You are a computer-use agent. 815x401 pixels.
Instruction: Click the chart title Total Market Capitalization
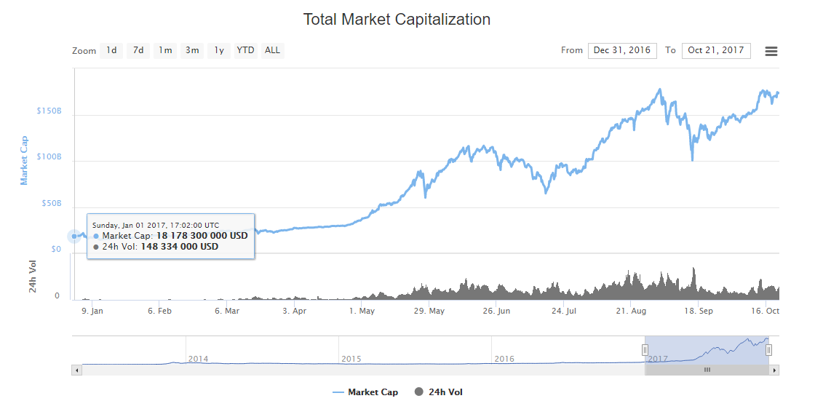tap(397, 20)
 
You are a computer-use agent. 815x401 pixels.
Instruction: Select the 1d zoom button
tap(111, 50)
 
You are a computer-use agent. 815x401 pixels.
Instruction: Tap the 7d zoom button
tap(138, 50)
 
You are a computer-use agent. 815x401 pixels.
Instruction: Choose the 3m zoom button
tap(192, 50)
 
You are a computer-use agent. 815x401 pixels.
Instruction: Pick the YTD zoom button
tap(245, 50)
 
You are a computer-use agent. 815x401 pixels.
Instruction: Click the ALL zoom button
tap(272, 50)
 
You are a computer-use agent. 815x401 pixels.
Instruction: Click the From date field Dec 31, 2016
tap(622, 50)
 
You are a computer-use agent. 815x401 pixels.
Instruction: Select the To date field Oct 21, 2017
tap(716, 50)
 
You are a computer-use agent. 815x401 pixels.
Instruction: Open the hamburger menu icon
tap(771, 51)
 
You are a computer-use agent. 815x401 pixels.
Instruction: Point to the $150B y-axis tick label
tap(49, 111)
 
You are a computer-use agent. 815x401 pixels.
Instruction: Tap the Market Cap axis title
tap(24, 160)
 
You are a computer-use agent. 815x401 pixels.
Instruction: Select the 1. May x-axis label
tap(362, 311)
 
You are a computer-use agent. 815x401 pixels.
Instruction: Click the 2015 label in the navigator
tap(351, 359)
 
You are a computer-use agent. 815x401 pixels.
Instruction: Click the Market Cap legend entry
tap(365, 392)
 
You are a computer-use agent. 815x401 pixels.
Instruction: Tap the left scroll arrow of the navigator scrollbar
tap(76, 370)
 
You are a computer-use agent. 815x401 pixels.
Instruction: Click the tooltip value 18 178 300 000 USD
tap(202, 236)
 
